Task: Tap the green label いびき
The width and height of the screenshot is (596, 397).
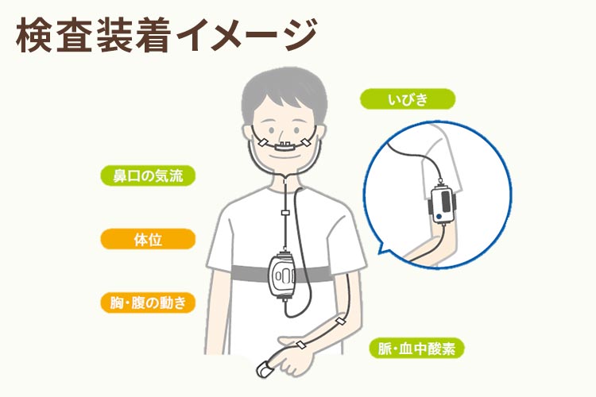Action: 408,99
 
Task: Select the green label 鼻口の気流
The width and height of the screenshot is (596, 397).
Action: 148,175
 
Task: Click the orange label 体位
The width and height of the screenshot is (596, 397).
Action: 148,239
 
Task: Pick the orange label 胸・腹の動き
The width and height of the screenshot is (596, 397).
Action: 148,303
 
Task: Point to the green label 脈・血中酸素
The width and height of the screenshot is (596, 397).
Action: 417,348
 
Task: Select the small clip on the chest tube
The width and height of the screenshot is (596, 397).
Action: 284,214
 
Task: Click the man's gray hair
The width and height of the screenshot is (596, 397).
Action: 282,87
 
